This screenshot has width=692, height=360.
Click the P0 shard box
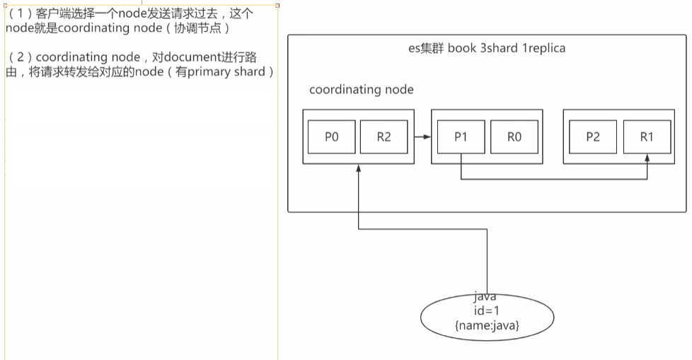click(x=331, y=137)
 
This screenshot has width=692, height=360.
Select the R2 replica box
click(x=384, y=137)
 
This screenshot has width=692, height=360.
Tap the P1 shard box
click(x=461, y=137)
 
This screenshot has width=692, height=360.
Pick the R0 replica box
click(x=514, y=137)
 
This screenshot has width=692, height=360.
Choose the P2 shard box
click(x=592, y=137)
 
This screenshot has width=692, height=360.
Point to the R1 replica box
click(x=646, y=137)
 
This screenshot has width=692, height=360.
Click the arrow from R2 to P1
click(x=422, y=137)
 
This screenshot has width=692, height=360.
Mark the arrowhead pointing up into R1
click(x=647, y=161)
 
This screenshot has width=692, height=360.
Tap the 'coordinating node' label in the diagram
click(x=362, y=90)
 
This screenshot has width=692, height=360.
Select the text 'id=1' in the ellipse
click(x=486, y=311)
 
